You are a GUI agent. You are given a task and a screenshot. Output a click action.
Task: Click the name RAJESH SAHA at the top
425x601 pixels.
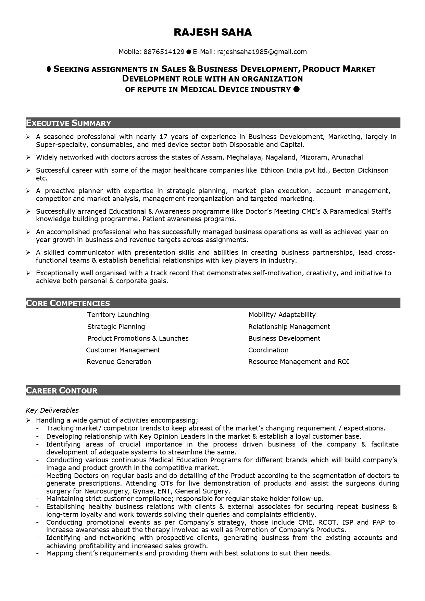coord(213,32)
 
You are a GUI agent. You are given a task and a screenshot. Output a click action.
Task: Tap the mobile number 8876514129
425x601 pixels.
coord(164,52)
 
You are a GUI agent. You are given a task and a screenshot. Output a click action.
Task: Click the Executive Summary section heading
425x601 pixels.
coord(68,123)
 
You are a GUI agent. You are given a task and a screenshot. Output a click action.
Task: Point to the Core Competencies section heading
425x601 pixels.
coord(68,303)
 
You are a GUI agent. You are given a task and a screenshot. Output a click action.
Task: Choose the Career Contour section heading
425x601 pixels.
coord(62,390)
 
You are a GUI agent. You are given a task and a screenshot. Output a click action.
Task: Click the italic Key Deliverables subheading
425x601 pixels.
coord(52,410)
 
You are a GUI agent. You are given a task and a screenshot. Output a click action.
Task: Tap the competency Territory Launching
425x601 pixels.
coord(118,315)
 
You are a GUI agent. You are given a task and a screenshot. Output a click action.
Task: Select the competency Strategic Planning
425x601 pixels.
coord(116,327)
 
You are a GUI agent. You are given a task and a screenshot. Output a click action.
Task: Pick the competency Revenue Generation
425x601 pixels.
coord(119,362)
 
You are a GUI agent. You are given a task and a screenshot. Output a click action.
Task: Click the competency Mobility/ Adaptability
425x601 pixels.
coord(282,315)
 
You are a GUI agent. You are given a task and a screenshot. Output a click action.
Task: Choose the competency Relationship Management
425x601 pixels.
coord(289,327)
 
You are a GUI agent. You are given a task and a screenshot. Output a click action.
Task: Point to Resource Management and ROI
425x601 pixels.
coord(299,362)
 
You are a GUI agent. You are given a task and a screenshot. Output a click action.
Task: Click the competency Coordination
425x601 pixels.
coord(268,350)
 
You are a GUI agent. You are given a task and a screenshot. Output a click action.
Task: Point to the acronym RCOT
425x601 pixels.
coord(327,522)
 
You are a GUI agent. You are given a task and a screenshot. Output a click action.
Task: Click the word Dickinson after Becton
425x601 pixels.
coord(373,170)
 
